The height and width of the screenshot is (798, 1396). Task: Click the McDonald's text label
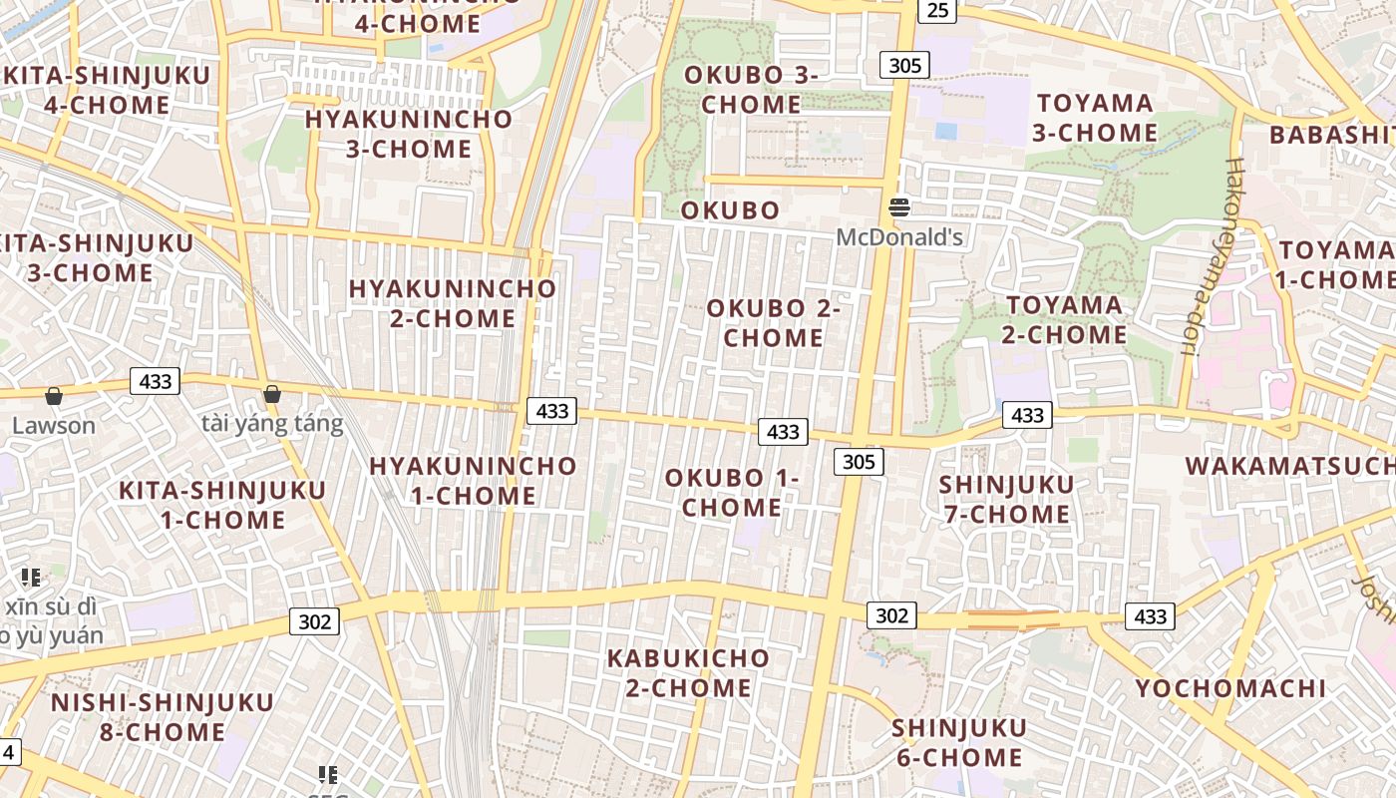pos(899,237)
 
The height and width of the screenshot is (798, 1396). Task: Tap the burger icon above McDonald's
pos(899,207)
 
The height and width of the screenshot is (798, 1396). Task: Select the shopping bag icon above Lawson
pos(54,396)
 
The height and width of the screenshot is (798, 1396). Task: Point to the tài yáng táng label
pos(272,424)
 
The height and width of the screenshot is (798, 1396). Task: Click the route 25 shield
pos(937,10)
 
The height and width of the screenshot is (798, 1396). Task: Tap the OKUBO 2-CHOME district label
pos(774,323)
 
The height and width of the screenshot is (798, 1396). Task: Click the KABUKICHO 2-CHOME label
pos(688,672)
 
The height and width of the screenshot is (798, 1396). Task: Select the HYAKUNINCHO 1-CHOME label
pos(473,480)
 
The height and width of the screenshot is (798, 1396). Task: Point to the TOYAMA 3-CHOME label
pos(1095,118)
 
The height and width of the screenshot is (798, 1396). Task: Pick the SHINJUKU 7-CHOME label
pos(1006,499)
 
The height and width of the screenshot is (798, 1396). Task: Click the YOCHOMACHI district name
pos(1230,688)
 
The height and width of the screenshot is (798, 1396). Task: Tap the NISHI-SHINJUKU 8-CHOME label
pos(162,716)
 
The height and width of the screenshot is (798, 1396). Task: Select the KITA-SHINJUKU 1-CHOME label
pos(221,505)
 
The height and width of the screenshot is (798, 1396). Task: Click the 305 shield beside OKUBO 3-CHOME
pos(904,66)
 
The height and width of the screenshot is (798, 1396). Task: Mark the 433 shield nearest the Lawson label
pos(156,381)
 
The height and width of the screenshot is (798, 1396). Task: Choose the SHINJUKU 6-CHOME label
pos(958,742)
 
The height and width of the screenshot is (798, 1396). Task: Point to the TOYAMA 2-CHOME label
pos(1064,319)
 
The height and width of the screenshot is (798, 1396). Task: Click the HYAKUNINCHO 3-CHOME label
pos(408,134)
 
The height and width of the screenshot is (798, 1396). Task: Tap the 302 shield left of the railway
pos(314,621)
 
